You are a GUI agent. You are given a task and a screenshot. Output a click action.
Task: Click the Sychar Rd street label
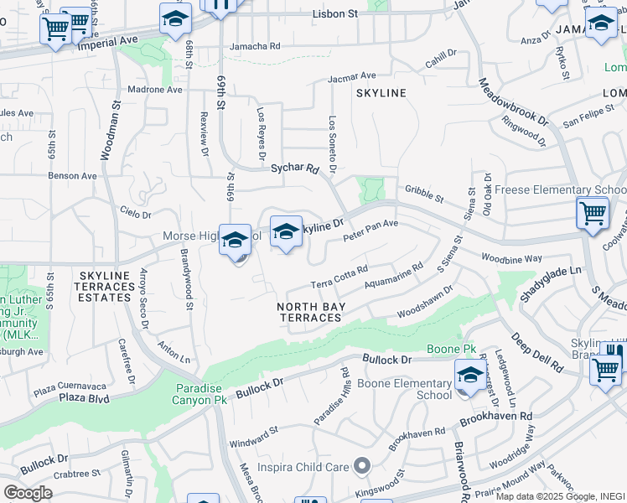(295, 169)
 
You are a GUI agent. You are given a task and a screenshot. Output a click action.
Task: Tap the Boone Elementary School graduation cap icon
(469, 374)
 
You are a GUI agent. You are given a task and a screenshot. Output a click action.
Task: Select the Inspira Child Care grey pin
(361, 464)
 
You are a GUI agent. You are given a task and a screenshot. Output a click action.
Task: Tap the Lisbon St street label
(334, 14)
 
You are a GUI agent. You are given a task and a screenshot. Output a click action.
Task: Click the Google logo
(28, 492)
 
